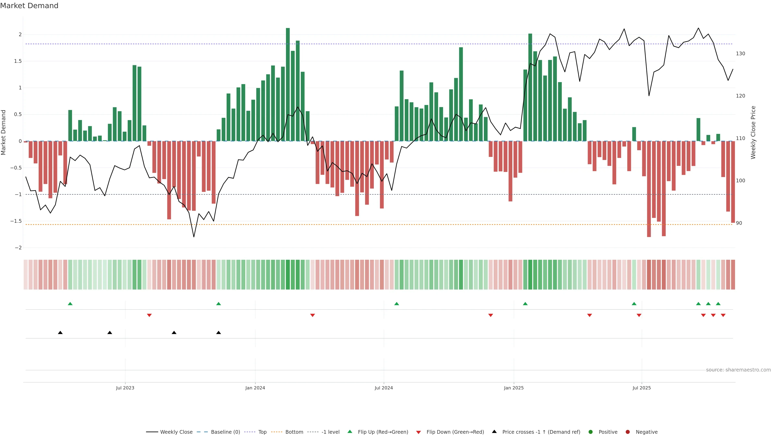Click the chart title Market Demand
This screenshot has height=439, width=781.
tap(29, 6)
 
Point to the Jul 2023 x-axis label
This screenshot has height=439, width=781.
tap(125, 388)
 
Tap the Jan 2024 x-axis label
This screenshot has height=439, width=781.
tap(255, 388)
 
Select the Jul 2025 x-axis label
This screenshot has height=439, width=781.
tap(641, 388)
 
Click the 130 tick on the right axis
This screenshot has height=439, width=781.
tap(740, 54)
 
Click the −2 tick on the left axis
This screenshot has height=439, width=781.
tap(18, 248)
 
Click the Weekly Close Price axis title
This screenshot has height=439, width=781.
tap(753, 132)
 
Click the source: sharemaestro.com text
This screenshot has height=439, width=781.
tap(738, 370)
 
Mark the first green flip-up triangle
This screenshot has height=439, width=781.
tap(70, 304)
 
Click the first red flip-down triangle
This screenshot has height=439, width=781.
tap(149, 315)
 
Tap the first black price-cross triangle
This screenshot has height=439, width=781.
tap(60, 333)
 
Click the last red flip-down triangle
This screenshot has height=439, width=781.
tap(723, 315)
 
